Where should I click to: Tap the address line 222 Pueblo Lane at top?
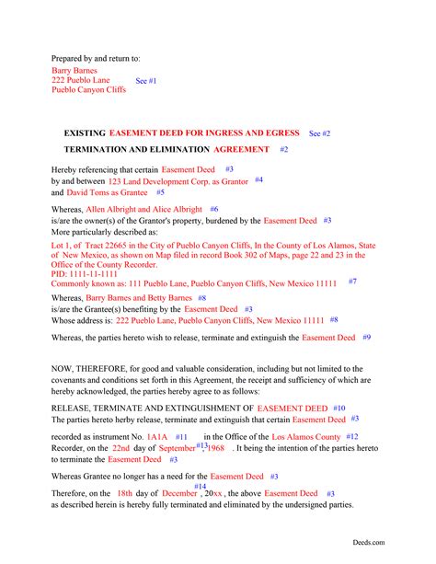coord(79,80)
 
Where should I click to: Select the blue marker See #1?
coord(140,82)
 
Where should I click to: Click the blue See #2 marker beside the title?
coord(319,133)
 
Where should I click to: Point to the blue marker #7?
coord(353,281)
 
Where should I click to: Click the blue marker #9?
coord(367,338)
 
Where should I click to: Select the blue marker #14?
coord(200,486)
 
